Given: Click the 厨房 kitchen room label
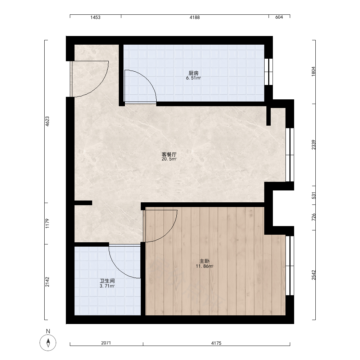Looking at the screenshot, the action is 194,73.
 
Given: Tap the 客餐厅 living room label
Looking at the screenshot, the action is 169,154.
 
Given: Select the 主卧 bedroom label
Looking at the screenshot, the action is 204,261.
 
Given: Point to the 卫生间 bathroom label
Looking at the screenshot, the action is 107,281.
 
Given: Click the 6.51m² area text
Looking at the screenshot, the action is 194,78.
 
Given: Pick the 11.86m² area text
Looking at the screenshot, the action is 204,266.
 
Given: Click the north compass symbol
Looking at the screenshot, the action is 48,343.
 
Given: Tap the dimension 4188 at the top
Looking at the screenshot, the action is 194,17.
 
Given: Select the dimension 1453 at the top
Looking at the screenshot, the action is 95,17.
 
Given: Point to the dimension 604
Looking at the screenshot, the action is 279,17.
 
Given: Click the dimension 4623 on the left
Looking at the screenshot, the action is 47,121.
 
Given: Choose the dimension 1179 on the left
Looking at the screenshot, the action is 47,224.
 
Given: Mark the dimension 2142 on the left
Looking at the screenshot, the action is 47,282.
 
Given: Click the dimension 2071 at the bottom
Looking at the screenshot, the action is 106,343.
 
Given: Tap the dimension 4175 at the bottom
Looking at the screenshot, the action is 216,343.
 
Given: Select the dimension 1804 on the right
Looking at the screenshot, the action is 314,71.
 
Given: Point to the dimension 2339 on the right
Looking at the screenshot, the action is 314,145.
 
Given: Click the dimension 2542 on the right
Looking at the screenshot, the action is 314,275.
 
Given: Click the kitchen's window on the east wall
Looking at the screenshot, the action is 269,72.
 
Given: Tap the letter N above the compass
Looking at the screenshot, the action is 48,331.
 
